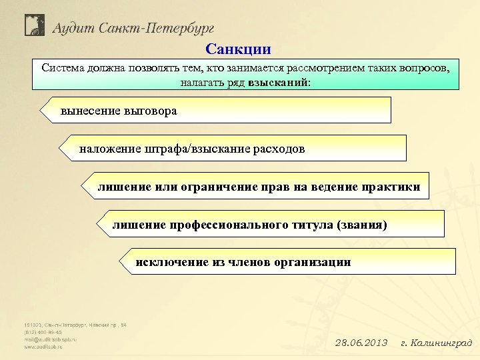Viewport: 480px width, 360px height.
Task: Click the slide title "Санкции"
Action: click(x=239, y=49)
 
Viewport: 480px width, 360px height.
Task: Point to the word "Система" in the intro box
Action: click(x=63, y=68)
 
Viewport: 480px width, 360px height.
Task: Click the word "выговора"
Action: click(x=151, y=111)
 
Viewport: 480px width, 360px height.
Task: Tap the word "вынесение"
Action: click(x=91, y=111)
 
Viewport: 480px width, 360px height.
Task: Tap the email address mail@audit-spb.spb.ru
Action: click(x=50, y=339)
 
